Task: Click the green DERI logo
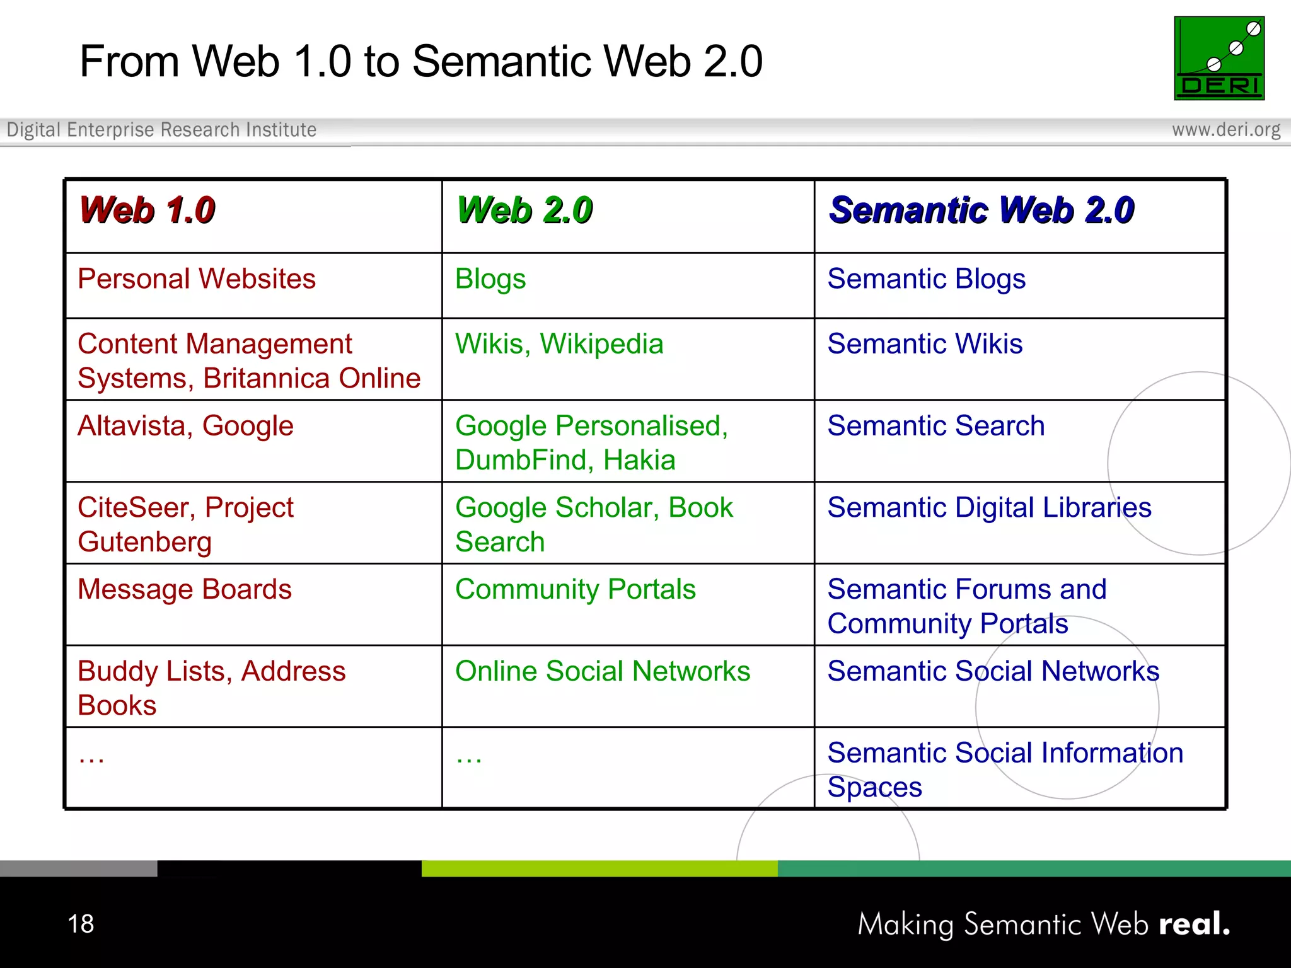[x=1219, y=58]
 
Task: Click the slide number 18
[x=81, y=924]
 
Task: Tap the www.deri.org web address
[x=1225, y=130]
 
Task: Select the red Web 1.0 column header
[x=148, y=210]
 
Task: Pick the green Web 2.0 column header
[x=524, y=210]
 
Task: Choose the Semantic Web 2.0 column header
[x=981, y=210]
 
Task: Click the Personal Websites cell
[x=196, y=279]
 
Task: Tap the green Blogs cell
[x=490, y=279]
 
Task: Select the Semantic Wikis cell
[x=925, y=344]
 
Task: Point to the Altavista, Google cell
[x=185, y=426]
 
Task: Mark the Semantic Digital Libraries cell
[x=989, y=508]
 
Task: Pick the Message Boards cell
[x=184, y=590]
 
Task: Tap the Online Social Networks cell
[x=603, y=671]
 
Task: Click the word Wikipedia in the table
[x=601, y=344]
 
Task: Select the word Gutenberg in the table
[x=144, y=543]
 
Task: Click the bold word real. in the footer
[x=1194, y=924]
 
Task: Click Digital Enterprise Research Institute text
[x=161, y=130]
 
